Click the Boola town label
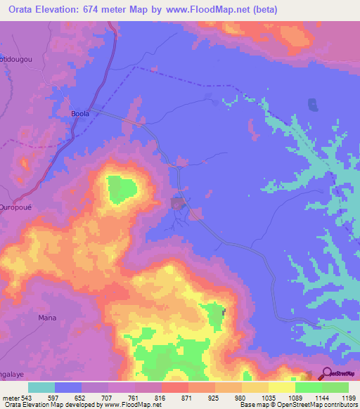click(81, 112)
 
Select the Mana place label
click(47, 318)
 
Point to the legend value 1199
click(348, 397)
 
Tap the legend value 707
click(108, 397)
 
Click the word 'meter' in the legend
click(10, 397)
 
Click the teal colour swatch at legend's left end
click(41, 387)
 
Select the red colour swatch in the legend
click(174, 387)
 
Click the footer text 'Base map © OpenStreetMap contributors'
click(296, 405)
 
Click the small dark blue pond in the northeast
click(311, 105)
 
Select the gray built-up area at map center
click(178, 204)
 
